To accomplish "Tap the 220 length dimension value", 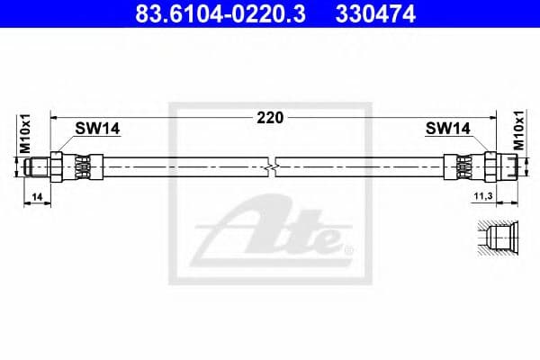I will pos(270,117).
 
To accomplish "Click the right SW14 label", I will pos(447,129).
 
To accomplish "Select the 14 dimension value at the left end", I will pos(36,194).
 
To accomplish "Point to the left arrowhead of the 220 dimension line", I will pos(55,117).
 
